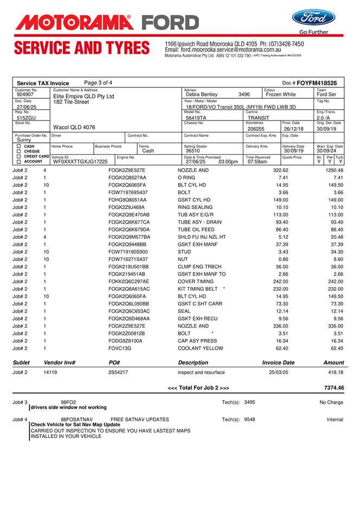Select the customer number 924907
25,94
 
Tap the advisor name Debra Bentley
201,94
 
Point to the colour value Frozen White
281,94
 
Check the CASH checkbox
19,146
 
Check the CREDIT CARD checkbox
19,156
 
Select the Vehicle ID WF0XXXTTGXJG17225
80,162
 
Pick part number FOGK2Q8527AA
127,177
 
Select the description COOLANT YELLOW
200,348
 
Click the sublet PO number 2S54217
118,372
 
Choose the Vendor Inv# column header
59,362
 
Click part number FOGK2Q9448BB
127,245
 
